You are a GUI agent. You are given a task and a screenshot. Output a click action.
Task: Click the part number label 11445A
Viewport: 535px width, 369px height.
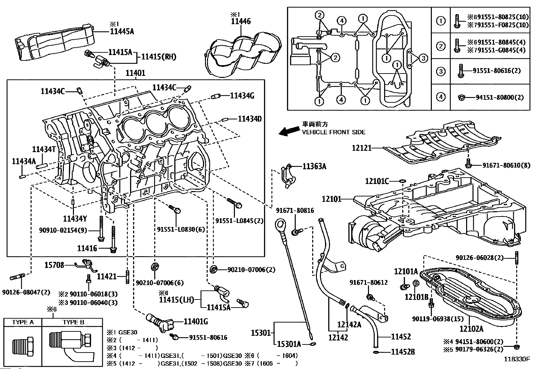[x=122, y=32]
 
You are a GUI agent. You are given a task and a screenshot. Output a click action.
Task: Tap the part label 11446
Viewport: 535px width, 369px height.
[x=241, y=22]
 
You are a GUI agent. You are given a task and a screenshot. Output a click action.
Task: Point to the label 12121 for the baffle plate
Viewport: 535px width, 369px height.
[x=362, y=148]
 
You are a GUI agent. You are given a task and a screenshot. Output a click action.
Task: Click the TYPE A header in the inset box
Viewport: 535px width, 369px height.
[x=23, y=322]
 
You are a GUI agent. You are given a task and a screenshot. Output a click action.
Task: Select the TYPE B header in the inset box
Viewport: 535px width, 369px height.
[x=73, y=322]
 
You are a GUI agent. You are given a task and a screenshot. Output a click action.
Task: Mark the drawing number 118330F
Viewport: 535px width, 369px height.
[x=516, y=359]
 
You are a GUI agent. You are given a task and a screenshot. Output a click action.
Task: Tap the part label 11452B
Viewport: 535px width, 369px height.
[x=403, y=352]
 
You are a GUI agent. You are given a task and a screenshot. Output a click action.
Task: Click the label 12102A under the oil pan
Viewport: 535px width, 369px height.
[x=471, y=329]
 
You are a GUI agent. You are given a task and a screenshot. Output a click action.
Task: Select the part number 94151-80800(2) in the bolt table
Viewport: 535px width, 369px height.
[x=499, y=97]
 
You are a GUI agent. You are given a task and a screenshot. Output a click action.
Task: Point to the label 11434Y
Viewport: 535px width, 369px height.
[x=75, y=219]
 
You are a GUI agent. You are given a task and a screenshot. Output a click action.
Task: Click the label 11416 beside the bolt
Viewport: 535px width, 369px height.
[x=87, y=248]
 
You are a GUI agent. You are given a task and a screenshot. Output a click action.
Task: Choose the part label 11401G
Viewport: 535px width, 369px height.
[x=196, y=322]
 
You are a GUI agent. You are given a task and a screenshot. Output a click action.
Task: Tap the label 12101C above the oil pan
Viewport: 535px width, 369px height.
[x=377, y=181]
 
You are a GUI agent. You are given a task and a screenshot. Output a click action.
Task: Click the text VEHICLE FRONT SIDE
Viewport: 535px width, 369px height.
[x=333, y=132]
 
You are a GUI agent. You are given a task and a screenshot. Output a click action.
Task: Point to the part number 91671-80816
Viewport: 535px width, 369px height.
[x=295, y=211]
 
